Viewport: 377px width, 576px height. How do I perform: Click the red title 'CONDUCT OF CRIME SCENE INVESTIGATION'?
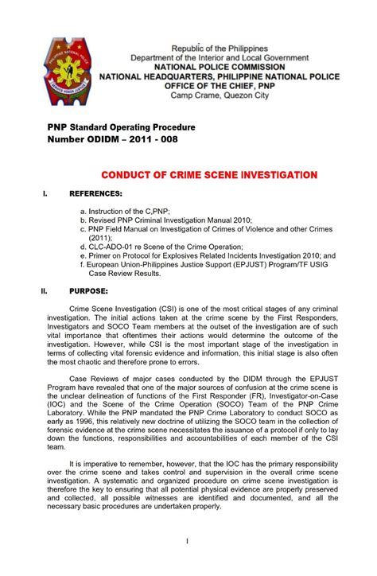[208, 174]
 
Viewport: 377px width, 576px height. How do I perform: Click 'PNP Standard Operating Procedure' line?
[119, 127]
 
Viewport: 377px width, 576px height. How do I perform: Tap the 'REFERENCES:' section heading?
[96, 194]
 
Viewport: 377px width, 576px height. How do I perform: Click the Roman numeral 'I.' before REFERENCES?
[45, 194]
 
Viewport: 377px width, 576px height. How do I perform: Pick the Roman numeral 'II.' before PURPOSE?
[46, 290]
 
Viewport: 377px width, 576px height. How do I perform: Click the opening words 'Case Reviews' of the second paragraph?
[96, 382]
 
